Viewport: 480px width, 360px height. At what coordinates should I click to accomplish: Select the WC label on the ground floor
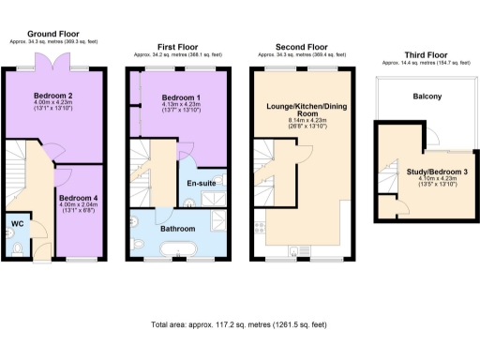(x=17, y=223)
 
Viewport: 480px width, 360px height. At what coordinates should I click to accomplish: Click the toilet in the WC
(x=19, y=248)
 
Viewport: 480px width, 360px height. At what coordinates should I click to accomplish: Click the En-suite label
(x=202, y=183)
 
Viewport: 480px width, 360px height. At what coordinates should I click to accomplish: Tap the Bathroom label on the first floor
(x=177, y=229)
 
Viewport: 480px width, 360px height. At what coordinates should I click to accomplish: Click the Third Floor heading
(x=422, y=54)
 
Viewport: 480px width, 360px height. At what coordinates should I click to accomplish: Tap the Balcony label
(x=427, y=97)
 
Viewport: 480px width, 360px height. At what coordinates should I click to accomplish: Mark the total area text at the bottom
(x=238, y=324)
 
